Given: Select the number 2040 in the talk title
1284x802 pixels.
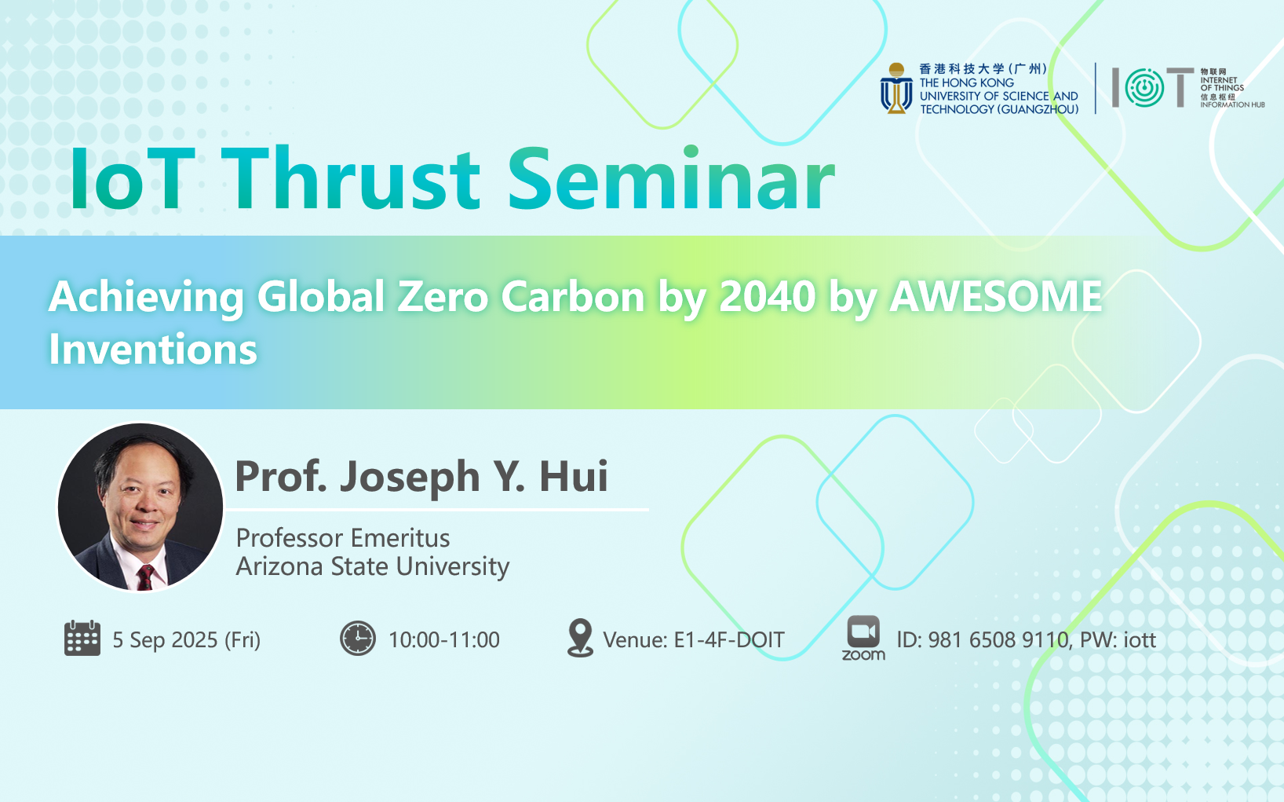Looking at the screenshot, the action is point(767,297).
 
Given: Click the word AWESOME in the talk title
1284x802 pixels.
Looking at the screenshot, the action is point(996,297).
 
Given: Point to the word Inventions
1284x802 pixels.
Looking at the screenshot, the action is point(153,349).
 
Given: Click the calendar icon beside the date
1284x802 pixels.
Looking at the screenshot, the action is point(82,638).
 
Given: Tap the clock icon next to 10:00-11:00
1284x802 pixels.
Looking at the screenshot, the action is point(358,638).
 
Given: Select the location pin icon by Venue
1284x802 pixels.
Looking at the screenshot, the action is point(580,637).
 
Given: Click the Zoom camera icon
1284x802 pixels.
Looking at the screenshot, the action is point(863,632).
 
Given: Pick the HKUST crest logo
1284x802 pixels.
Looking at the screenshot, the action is point(896,88).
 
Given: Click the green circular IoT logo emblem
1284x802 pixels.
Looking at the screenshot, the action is point(1144,88).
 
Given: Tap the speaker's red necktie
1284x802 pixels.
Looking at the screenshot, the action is point(146,577).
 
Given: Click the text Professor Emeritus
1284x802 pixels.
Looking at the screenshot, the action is point(343,538).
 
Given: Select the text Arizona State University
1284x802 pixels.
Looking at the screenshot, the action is point(373,567).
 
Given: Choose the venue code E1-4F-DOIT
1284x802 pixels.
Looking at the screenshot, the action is point(729,639).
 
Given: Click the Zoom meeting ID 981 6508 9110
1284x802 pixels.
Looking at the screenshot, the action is point(998,639).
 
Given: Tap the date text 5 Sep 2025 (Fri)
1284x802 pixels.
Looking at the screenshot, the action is point(186,639).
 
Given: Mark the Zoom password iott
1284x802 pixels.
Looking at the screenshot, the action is point(1140,639).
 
